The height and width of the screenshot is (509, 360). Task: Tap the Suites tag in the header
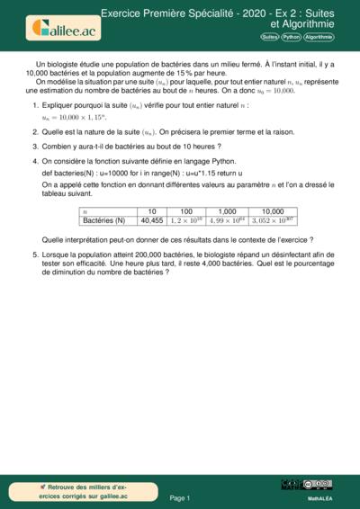pos(269,37)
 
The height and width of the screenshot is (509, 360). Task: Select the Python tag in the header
pos(291,37)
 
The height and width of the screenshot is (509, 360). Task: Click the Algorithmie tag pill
pos(319,37)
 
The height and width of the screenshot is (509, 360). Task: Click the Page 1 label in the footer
pos(180,496)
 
